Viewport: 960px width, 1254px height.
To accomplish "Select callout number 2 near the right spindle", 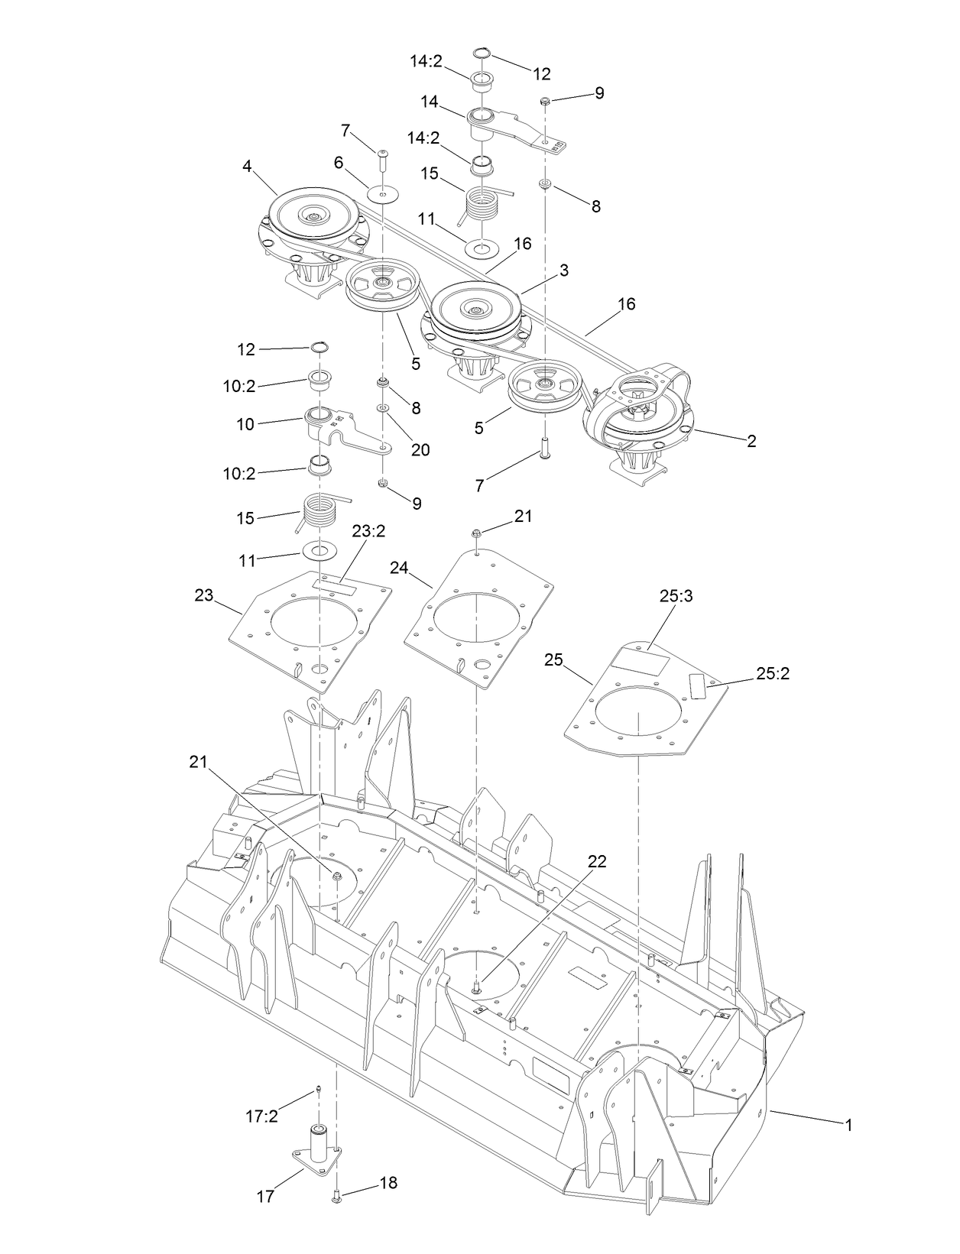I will tap(751, 441).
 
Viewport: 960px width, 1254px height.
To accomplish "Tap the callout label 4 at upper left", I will tap(248, 166).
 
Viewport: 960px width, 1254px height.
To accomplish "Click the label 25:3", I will tap(676, 597).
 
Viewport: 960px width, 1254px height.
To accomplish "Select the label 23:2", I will tap(368, 552).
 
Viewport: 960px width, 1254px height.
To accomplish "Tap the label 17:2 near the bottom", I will tap(261, 1116).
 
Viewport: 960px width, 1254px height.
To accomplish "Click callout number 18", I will tap(388, 1183).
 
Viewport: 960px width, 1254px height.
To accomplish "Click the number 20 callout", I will tap(420, 450).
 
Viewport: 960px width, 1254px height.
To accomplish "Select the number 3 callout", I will tap(563, 271).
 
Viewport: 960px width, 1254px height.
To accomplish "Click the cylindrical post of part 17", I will tap(318, 1141).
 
